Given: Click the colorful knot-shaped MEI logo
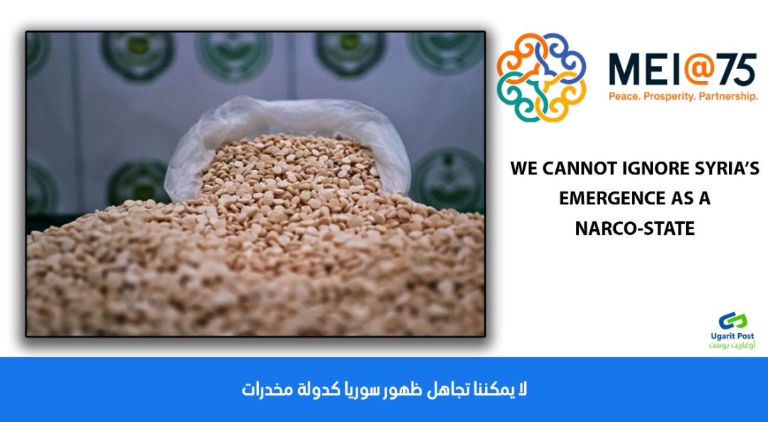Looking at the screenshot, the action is [541, 78].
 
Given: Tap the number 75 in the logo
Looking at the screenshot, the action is [739, 69].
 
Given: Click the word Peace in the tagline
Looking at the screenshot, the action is [625, 97].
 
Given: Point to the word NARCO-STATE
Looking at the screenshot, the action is [635, 228].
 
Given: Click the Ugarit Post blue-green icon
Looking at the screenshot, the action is [732, 321].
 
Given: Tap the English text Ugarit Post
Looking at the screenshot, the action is [732, 336].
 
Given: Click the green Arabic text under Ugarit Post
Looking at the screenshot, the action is [732, 345].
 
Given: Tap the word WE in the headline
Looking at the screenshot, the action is [523, 169].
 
